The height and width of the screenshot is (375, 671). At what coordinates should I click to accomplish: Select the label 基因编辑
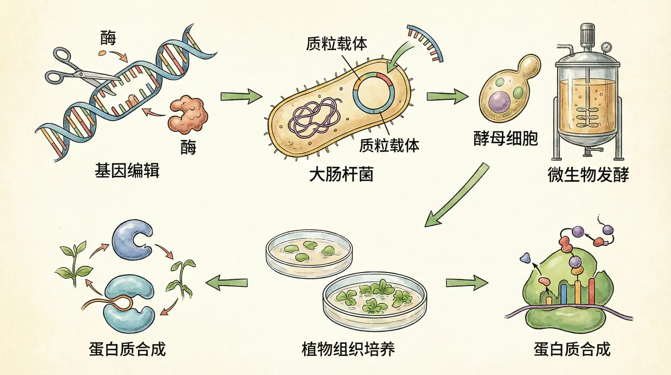(127, 171)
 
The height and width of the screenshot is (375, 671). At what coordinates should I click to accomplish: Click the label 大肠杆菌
(341, 174)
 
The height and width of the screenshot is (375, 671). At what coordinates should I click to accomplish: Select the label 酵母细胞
(505, 139)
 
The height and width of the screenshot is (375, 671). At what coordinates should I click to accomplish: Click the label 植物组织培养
(348, 349)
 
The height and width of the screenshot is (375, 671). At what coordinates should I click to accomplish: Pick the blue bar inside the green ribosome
(563, 294)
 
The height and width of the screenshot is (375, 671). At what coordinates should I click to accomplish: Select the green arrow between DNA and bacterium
(241, 96)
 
